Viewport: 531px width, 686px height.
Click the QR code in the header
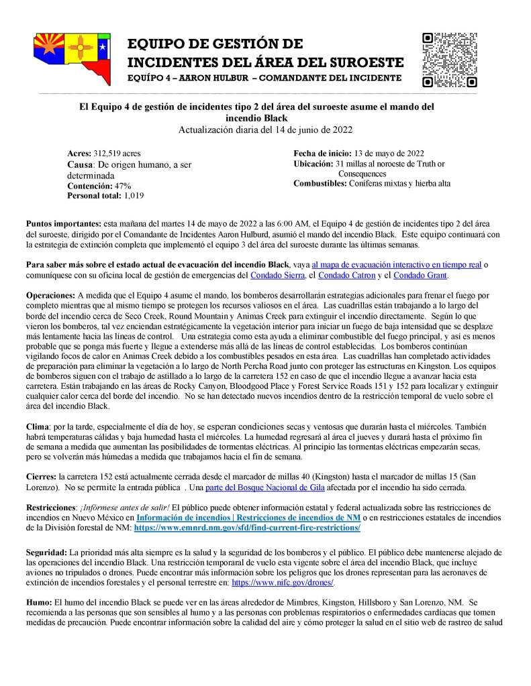(450, 60)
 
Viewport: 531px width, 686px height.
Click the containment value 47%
(122, 186)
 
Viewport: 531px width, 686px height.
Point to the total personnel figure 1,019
(134, 196)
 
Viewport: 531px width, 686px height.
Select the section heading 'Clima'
(38, 426)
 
